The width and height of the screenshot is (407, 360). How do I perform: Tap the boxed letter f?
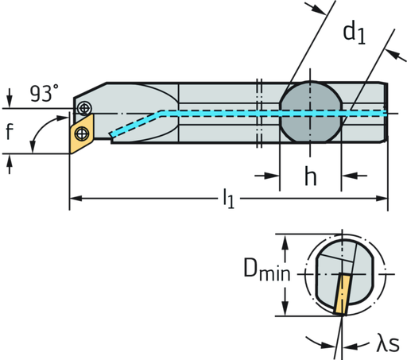click(x=10, y=132)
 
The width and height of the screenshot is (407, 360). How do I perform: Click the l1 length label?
click(x=229, y=195)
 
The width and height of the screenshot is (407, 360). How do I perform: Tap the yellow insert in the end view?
click(x=343, y=294)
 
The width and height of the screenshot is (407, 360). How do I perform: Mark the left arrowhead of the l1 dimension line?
click(x=75, y=195)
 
